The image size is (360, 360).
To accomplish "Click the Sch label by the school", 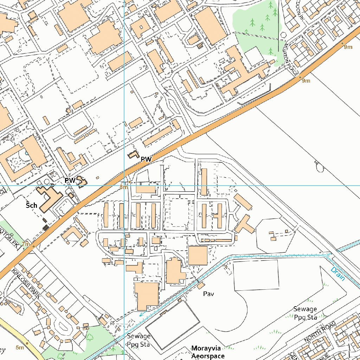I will tap(31, 205).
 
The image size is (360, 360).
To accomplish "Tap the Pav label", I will tap(208, 294).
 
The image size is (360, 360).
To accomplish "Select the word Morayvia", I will tap(206, 348).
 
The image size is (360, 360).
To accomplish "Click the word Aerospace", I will tap(208, 356).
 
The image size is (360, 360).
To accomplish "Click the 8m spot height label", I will tap(123, 187).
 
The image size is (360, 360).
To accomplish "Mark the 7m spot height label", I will tap(25, 244).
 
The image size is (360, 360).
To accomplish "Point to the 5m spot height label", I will tap(20, 348).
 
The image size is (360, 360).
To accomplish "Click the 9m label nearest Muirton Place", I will tap(306, 81).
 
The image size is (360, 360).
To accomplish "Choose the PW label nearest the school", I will tap(70, 180).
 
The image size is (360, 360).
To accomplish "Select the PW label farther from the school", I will tap(146, 159).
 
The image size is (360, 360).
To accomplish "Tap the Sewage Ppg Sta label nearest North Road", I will tap(305, 313).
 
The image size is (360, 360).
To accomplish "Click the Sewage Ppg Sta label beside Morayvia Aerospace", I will tap(139, 340).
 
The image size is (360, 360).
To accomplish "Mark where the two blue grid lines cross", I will tap(124, 185).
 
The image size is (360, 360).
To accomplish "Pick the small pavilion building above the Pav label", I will tap(201, 285).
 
